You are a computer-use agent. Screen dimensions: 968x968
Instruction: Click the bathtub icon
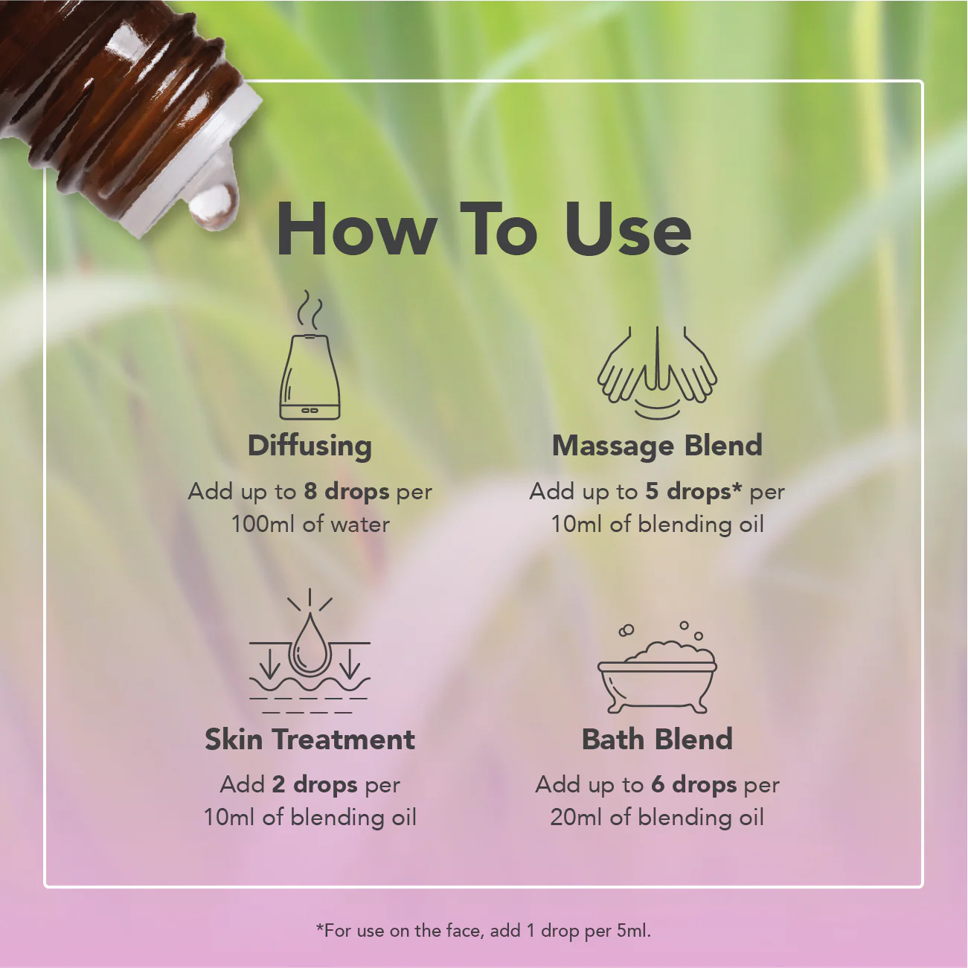click(657, 670)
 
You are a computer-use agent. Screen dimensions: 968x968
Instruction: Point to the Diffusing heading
click(310, 446)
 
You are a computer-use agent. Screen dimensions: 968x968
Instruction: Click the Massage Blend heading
click(657, 446)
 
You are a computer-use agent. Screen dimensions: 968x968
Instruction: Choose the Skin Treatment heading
click(310, 740)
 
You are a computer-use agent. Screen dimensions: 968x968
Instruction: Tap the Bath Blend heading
click(657, 740)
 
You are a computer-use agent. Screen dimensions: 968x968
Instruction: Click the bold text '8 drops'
click(347, 492)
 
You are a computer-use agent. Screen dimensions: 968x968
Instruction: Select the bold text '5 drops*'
click(693, 492)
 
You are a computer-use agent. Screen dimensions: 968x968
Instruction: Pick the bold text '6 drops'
click(693, 785)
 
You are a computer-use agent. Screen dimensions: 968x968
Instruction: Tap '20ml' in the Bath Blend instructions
click(577, 818)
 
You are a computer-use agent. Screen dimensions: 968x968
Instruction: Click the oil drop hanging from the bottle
click(214, 205)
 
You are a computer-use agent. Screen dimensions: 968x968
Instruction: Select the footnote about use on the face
click(484, 931)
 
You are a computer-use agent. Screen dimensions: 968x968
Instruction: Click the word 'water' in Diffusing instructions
click(360, 525)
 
